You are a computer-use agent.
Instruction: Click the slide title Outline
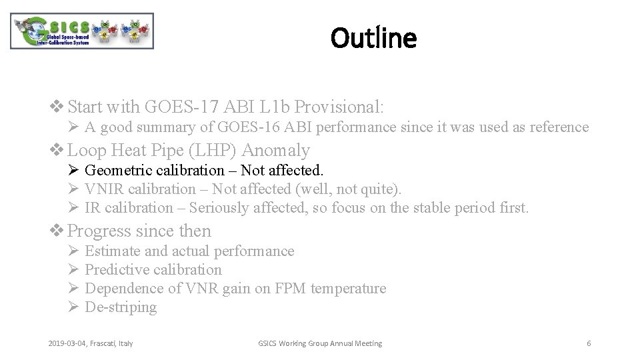coord(374,38)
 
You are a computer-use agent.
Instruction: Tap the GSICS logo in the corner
coord(82,31)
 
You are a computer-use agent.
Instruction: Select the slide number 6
coord(589,343)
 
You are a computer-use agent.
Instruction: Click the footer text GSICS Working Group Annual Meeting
coord(320,343)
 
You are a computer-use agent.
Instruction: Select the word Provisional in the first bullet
coord(337,107)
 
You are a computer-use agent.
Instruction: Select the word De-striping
coord(121,307)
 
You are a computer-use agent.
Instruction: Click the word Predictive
coord(117,270)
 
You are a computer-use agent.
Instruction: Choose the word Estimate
coord(113,251)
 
